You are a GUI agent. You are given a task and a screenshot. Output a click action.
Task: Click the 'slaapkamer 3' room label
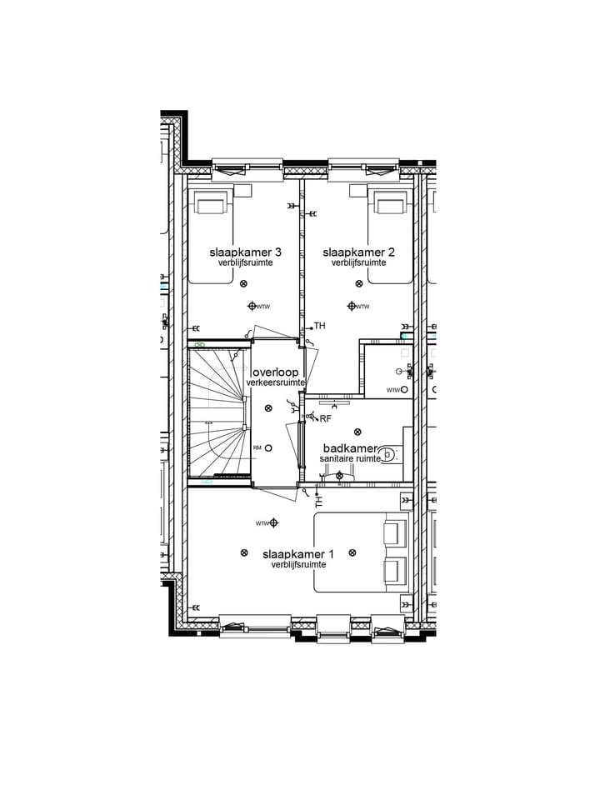[x=245, y=252]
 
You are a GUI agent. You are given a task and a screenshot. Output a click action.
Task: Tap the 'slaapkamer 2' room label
[x=358, y=252]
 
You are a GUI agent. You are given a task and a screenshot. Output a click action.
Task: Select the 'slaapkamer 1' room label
[x=298, y=553]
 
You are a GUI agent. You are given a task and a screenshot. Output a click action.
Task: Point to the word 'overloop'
[x=275, y=372]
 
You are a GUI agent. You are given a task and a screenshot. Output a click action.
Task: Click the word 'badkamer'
[x=350, y=447]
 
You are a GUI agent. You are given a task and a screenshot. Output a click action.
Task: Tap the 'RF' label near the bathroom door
[x=325, y=419]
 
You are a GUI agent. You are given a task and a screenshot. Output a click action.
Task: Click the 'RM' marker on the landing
[x=258, y=448]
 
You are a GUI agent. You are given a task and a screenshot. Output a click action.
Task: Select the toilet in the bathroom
[x=390, y=455]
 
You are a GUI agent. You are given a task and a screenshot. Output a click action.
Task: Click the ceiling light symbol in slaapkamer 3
[x=243, y=284]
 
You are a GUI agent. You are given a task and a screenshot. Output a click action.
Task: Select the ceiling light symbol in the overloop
[x=268, y=407]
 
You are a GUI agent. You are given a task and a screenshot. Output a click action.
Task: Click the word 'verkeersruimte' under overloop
[x=275, y=382]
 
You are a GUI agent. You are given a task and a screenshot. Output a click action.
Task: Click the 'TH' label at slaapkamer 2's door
[x=319, y=326]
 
